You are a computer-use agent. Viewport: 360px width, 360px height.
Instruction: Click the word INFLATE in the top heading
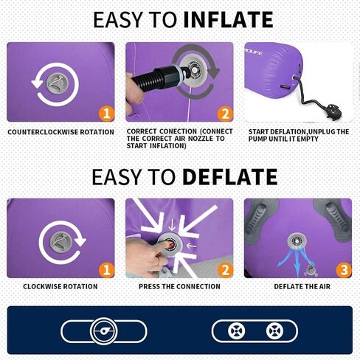228,19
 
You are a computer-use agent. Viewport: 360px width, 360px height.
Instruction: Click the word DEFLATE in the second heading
230,177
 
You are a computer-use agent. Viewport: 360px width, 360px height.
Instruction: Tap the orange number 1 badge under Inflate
106,114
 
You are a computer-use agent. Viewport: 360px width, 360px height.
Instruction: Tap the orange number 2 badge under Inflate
225,114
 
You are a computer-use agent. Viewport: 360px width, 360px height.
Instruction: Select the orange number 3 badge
344,270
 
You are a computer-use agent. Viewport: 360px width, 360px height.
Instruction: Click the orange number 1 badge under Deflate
106,270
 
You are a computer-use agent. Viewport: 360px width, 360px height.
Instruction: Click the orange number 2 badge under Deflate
225,270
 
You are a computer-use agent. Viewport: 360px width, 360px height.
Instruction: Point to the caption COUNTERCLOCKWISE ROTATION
60,132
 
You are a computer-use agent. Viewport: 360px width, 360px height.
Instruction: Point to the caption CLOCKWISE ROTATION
60,286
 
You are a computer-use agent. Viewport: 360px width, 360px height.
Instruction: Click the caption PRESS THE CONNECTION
179,286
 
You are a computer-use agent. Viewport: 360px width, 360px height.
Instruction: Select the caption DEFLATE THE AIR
302,286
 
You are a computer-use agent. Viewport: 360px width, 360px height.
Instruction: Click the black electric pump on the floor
334,112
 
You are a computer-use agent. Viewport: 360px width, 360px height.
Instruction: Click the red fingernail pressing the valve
170,244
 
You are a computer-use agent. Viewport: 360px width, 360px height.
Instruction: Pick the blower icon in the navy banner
103,331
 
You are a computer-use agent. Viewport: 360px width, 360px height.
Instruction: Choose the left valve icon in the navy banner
236,330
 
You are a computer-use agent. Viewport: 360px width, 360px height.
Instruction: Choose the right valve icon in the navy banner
274,330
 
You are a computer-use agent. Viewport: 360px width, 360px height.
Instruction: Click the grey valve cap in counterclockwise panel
58,84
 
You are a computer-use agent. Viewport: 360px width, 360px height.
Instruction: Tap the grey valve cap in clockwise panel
61,242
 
